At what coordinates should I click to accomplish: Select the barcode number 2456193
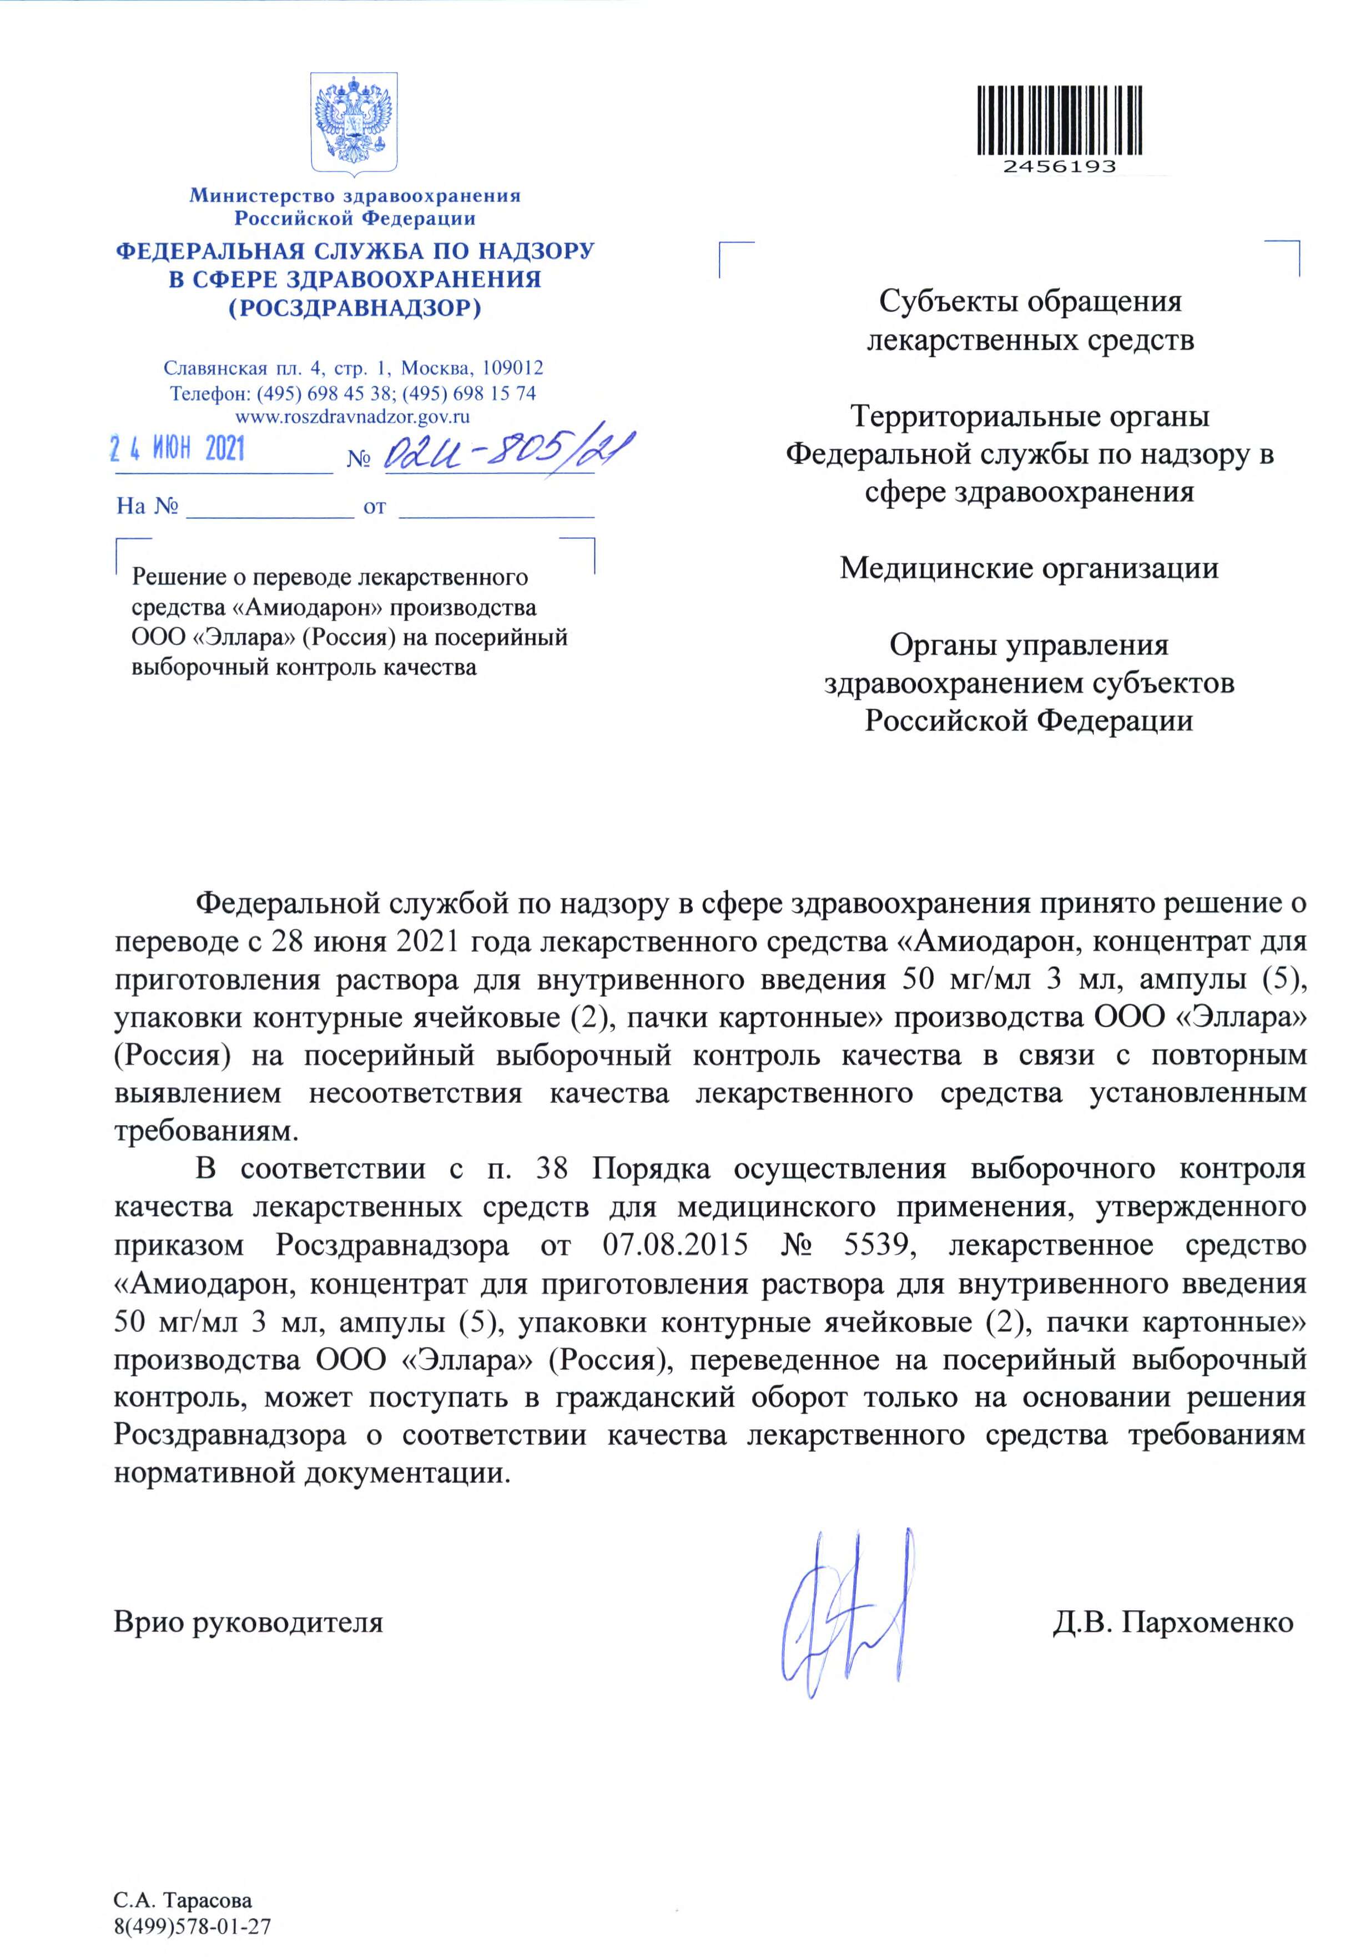tap(1060, 167)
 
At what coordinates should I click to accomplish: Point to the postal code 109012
tap(512, 369)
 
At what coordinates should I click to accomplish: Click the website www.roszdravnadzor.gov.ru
tap(352, 416)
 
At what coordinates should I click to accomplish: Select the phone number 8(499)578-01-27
tap(192, 1904)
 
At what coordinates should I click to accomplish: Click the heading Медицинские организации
tap(1029, 567)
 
